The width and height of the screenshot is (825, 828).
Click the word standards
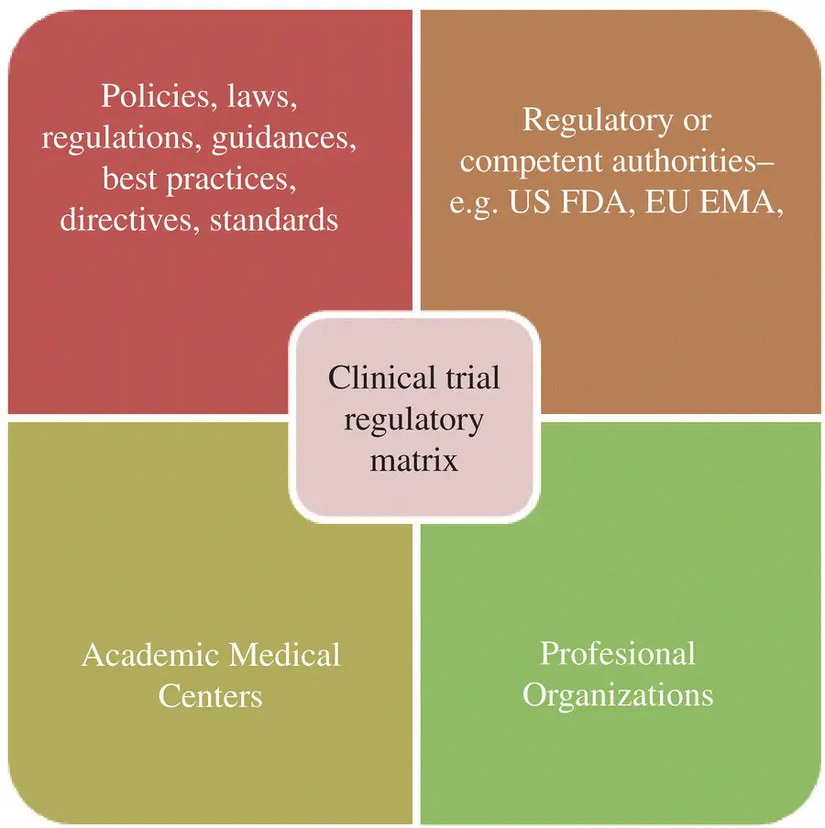274,221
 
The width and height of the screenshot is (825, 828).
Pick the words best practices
199,180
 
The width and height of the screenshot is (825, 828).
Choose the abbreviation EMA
743,203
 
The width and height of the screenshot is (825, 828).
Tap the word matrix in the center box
413,459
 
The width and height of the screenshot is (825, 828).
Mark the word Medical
284,655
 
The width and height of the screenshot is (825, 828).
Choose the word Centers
210,696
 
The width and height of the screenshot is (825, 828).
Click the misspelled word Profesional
617,653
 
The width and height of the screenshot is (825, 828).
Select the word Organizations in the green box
617,694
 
